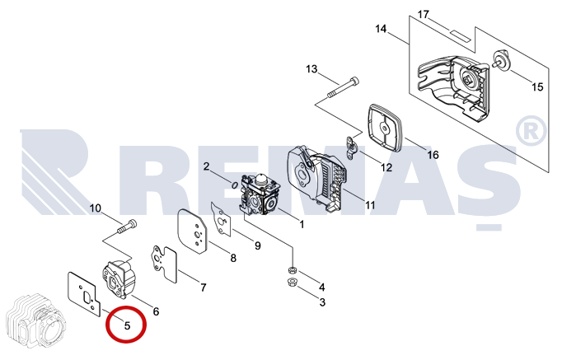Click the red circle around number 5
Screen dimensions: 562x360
[126, 325]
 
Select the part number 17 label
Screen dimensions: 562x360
[424, 15]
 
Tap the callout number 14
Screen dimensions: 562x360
[381, 29]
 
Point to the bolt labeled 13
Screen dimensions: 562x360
[343, 87]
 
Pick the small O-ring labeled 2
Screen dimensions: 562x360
[235, 185]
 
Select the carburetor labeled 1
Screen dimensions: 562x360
[258, 195]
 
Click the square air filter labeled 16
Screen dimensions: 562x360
[384, 129]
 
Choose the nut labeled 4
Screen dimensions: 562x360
[292, 269]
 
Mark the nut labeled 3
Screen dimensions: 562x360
[292, 283]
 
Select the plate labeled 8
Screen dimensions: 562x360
[193, 232]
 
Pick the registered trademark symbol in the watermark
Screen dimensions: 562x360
[531, 131]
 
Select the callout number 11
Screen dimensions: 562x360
[370, 205]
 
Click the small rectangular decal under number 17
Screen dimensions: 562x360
[459, 35]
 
